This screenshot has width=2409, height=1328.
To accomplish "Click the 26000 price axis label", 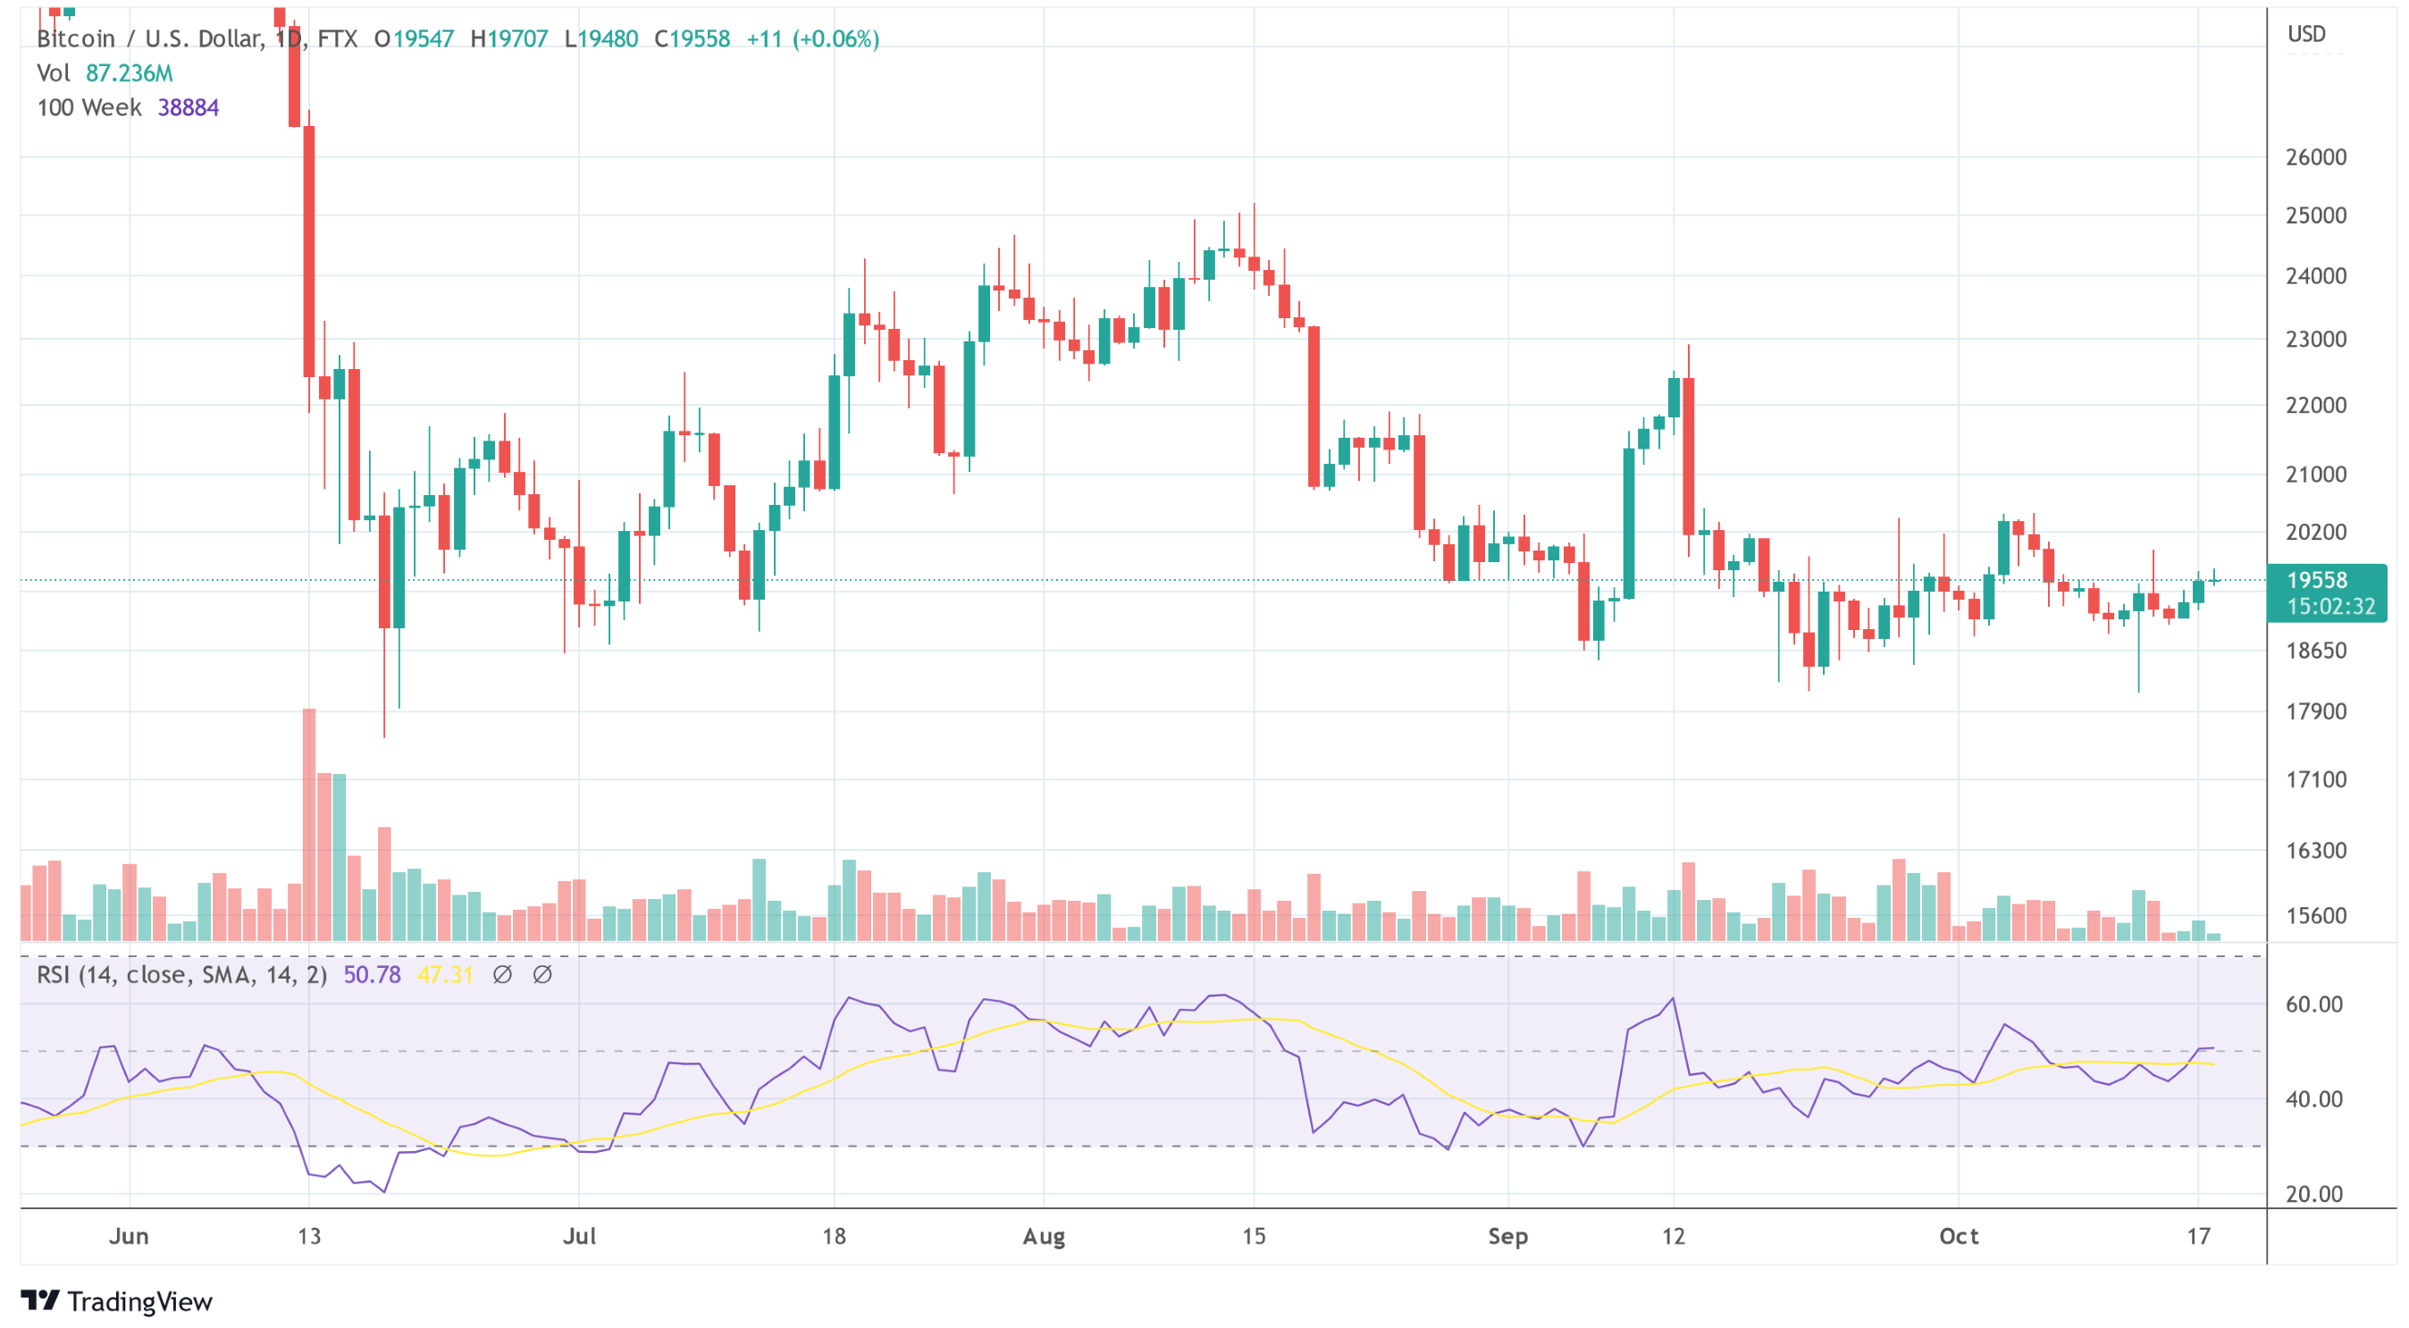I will coord(2315,157).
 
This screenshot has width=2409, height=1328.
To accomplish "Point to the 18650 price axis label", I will coord(2315,650).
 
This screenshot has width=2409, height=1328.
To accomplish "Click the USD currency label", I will coord(2306,35).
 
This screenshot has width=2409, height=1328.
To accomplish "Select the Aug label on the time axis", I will coord(1044,1236).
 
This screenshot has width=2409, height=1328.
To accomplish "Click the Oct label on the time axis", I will coord(1959,1236).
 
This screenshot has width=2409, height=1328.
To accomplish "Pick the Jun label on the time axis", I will coord(129,1236).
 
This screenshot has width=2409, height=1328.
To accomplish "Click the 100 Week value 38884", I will coord(188,107).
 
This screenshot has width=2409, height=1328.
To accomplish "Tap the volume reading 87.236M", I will coord(129,73).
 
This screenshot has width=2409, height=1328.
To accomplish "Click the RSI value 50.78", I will coord(371,974).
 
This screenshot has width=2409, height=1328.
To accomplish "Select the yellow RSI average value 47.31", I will coord(445,974).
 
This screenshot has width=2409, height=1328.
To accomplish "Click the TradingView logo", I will coord(117,1301).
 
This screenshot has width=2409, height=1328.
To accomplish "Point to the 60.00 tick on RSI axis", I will coord(2313,1004).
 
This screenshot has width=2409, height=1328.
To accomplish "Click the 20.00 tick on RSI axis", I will coord(2313,1194).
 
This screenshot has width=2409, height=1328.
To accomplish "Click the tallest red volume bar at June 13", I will coord(308,823).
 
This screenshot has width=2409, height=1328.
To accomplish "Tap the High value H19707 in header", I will coord(508,38).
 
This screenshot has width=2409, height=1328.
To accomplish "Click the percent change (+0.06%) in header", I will coord(835,38).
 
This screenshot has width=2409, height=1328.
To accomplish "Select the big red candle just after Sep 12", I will coord(1688,456).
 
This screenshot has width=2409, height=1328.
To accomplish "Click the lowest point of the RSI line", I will coord(384,1191).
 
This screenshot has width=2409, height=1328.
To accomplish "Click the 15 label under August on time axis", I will coord(1253,1236).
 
